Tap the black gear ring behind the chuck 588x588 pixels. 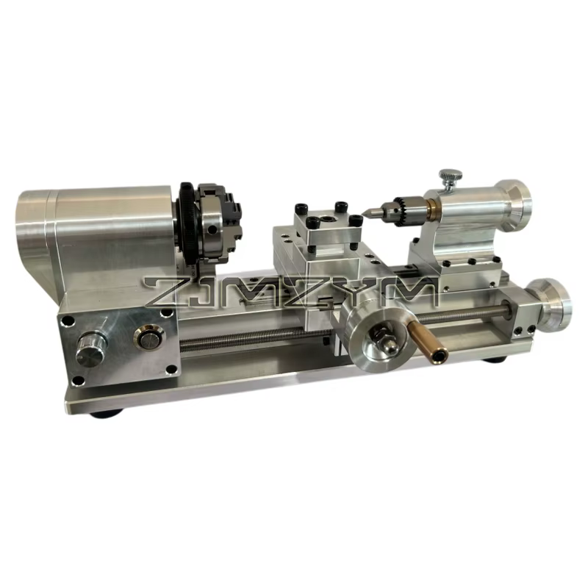tap(187, 225)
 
